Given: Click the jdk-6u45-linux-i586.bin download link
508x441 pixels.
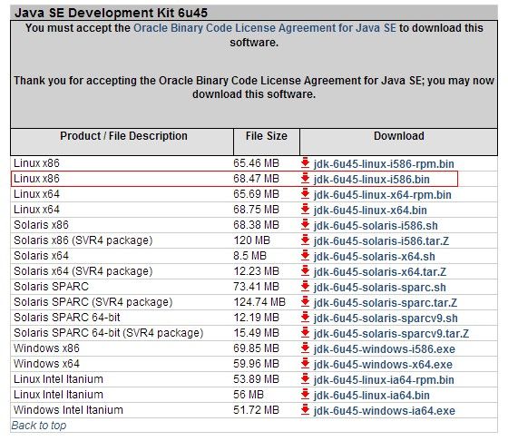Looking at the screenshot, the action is tap(371, 179).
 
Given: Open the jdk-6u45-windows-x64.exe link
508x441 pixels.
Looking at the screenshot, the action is tap(383, 365).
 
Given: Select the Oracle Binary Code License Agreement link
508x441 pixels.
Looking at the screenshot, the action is tap(265, 28).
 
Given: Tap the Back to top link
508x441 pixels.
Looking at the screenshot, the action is tap(39, 426).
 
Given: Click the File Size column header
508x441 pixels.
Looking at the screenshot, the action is tap(267, 136).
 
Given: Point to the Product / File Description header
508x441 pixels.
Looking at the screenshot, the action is tap(123, 136).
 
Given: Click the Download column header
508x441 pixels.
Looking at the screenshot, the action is tap(399, 136).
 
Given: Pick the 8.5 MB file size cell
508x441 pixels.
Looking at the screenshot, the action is tap(249, 256).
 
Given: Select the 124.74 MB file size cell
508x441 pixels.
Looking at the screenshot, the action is tap(259, 302).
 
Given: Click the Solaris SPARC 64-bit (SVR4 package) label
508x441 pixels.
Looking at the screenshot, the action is tap(109, 333).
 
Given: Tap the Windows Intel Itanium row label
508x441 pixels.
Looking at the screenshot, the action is tap(68, 410).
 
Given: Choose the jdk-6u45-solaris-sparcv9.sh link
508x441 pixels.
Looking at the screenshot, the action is tap(386, 318).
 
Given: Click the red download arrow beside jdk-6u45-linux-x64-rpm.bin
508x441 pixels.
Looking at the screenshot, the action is tap(305, 194).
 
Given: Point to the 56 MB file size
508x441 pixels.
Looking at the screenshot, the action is tap(249, 395).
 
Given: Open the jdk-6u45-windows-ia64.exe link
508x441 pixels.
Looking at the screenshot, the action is tap(385, 411).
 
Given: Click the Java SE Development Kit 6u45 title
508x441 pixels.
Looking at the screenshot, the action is tap(111, 13).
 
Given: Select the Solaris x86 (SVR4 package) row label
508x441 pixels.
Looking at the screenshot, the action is tap(83, 240).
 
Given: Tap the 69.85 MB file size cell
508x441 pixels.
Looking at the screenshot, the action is tap(256, 348).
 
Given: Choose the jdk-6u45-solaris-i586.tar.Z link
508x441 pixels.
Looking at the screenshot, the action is tap(381, 241).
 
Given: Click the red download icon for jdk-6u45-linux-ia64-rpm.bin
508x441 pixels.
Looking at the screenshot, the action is tap(305, 379).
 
